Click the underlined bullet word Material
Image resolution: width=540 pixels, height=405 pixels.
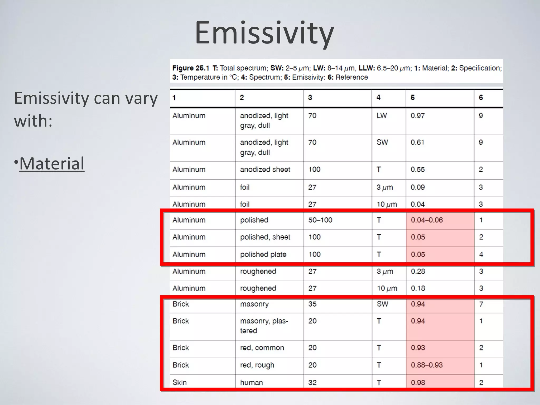pyautogui.click(x=52, y=163)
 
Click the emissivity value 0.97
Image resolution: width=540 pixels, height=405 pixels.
pyautogui.click(x=417, y=116)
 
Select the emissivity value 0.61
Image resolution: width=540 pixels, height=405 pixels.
pyautogui.click(x=417, y=142)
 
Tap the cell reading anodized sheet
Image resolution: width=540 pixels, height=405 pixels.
pyautogui.click(x=265, y=170)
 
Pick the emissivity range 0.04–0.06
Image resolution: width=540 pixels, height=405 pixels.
pyautogui.click(x=427, y=220)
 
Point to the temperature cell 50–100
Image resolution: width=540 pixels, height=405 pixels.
pyautogui.click(x=320, y=220)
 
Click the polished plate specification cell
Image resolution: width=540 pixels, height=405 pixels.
pyautogui.click(x=263, y=254)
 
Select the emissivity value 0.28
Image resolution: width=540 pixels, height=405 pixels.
pyautogui.click(x=418, y=271)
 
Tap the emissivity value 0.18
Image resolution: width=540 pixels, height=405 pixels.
pyautogui.click(x=418, y=288)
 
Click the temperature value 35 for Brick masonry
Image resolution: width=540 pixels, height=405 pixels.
pyautogui.click(x=312, y=304)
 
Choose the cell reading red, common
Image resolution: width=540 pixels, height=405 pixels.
pyautogui.click(x=262, y=348)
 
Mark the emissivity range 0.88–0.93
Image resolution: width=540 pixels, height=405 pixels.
pyautogui.click(x=427, y=365)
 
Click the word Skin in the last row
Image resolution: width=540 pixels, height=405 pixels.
pyautogui.click(x=179, y=383)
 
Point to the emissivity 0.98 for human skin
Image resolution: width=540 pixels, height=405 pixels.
pyautogui.click(x=418, y=383)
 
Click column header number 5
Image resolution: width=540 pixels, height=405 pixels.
pyautogui.click(x=412, y=98)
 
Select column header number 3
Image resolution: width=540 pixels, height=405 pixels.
pyautogui.click(x=310, y=98)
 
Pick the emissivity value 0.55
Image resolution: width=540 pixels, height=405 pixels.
pyautogui.click(x=417, y=170)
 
